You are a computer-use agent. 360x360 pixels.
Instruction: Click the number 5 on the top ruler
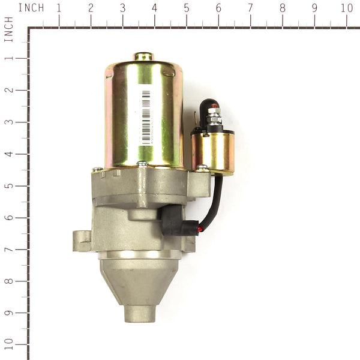pos(187,8)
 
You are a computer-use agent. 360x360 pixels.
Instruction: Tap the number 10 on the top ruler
pos(346,8)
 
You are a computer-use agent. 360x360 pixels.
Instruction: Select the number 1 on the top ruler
pos(58,8)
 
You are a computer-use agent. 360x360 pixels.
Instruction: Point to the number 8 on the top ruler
pos(283,8)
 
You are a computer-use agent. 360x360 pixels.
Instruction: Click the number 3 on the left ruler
pos(8,122)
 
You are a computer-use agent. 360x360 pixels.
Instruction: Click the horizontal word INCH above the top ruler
pos(31,8)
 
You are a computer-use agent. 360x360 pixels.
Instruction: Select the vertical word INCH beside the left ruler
pos(8,29)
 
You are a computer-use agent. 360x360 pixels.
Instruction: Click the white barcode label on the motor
pos(145,115)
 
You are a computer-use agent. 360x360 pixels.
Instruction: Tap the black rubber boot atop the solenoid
pos(208,108)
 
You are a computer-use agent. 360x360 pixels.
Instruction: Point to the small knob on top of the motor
pos(143,56)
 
